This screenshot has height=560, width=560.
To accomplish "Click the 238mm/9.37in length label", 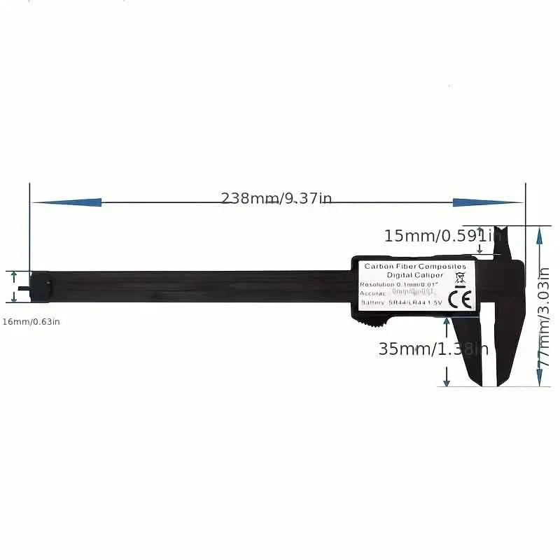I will (x=276, y=198).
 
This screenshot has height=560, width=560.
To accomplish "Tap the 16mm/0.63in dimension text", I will (x=31, y=321).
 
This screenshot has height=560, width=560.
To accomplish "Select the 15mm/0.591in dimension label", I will (x=442, y=236).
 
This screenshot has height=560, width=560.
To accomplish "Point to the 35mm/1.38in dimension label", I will (x=433, y=349).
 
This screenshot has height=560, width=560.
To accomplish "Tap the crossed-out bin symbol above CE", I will (x=460, y=281).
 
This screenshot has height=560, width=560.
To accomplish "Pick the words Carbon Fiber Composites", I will (x=415, y=267).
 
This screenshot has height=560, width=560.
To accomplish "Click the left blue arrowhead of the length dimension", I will (x=66, y=202).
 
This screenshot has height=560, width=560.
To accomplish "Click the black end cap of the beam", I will (x=41, y=287).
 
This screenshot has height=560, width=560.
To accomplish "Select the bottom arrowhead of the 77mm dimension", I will (x=539, y=379).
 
